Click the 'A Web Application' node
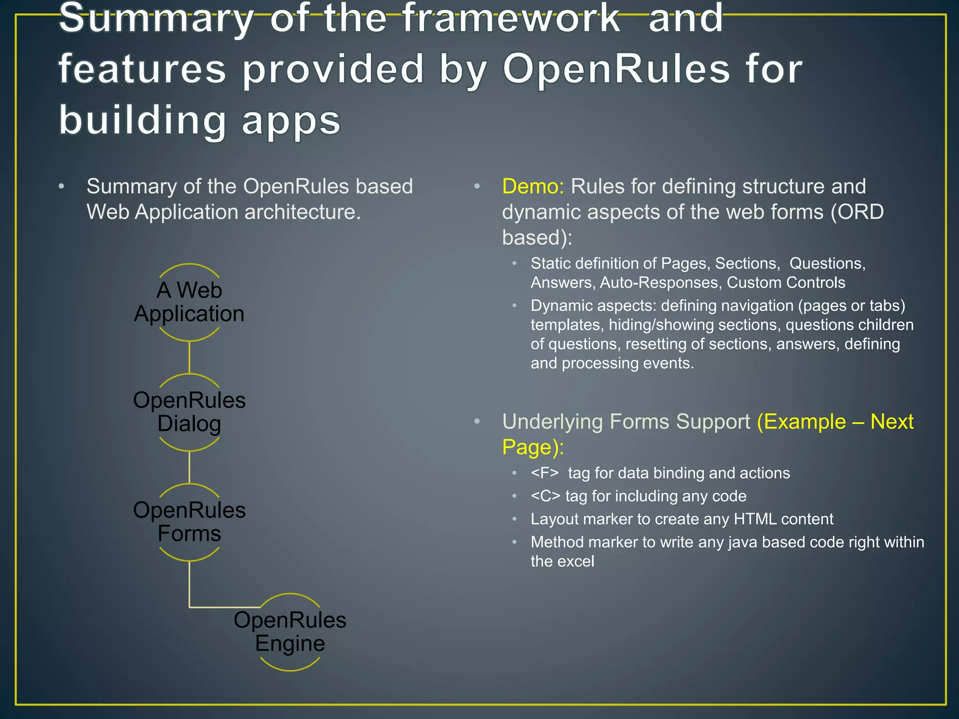[189, 302]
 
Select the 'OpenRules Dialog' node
[189, 412]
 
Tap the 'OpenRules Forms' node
[189, 521]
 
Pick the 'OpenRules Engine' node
[290, 631]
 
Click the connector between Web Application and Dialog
[189, 357]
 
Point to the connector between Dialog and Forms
[189, 467]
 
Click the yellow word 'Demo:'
[533, 186]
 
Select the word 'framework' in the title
[511, 19]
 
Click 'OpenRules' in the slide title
[616, 69]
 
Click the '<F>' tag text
[545, 473]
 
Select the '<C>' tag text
[545, 496]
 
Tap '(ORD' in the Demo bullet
[857, 212]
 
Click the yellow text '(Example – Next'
[835, 421]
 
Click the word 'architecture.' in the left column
[302, 212]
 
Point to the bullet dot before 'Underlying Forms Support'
[477, 421]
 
